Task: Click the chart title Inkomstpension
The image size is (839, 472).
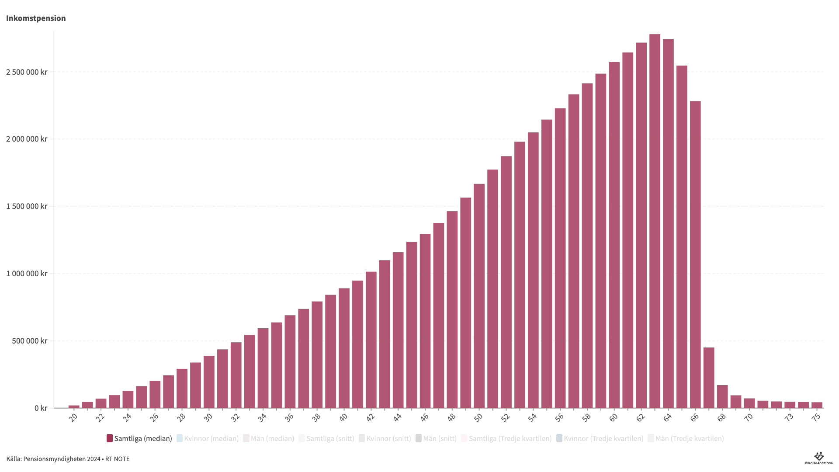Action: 36,18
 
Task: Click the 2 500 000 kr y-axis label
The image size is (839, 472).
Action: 27,72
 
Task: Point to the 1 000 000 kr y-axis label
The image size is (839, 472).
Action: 27,274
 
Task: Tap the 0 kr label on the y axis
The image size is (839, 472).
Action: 41,408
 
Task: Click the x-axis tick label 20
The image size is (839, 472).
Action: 73,417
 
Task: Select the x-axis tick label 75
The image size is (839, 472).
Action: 816,417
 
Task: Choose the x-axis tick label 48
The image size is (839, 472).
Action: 451,417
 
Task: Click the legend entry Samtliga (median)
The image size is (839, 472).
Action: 139,438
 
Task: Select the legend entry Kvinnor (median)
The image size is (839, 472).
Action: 208,438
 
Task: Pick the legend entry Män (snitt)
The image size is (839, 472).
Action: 436,438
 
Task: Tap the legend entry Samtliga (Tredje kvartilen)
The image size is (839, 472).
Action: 506,438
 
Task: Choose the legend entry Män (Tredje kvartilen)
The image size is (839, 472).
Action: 686,438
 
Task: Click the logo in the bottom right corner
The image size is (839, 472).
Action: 818,458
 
